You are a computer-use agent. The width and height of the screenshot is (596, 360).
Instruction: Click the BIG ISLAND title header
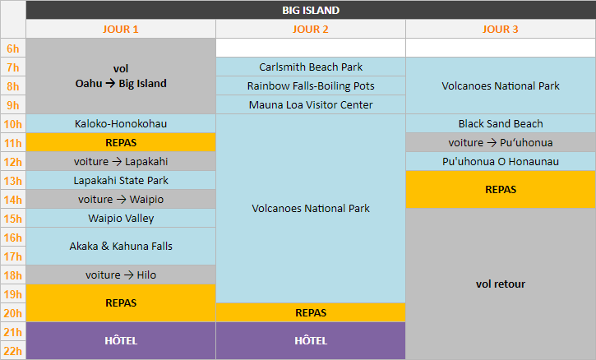coord(311,11)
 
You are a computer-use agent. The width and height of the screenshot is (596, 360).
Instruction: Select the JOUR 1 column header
coord(121,29)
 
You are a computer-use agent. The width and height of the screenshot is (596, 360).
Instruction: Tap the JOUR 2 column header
coord(311,29)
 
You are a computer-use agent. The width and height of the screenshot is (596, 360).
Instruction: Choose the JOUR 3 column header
coord(501,29)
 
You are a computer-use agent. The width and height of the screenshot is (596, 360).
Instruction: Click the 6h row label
coord(13,48)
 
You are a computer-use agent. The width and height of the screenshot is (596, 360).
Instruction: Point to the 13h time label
coord(13,181)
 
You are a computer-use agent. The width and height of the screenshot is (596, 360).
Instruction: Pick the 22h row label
coord(13,351)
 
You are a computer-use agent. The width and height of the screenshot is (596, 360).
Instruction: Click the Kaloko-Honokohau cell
coord(121,123)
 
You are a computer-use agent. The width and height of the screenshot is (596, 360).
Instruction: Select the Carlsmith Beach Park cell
coord(311,67)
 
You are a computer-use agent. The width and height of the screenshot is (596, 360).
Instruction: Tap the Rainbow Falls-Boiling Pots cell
coord(311,85)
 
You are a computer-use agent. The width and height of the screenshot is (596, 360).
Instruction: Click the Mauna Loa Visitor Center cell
coord(311,104)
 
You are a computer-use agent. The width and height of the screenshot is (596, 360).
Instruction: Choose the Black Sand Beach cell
coord(501,123)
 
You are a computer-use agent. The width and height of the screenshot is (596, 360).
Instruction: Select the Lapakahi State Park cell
coord(121,180)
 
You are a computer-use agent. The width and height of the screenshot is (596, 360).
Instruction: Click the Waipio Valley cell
coord(121,219)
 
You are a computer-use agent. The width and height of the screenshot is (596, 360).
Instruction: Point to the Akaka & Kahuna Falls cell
coord(121,246)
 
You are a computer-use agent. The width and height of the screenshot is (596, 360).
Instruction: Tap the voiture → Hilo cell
coord(121,275)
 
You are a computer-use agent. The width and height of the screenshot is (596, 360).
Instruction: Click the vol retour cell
coord(501,284)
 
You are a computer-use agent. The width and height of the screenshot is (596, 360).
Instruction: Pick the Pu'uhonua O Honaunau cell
coord(501,161)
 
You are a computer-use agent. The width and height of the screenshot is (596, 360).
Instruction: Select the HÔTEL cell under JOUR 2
coord(311,340)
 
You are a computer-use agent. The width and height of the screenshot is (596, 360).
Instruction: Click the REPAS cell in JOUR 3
coord(501,189)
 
